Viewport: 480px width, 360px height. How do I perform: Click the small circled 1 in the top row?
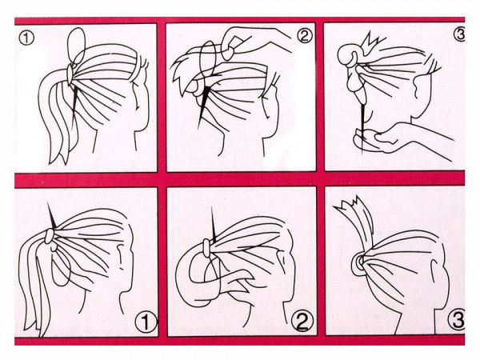26,38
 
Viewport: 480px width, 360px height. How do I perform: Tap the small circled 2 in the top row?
304,37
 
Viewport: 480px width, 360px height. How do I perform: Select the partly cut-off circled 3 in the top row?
460,34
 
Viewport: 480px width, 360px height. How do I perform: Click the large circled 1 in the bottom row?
146,322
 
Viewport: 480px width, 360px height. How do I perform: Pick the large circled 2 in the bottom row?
302,319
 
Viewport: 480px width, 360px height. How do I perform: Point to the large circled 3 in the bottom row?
458,320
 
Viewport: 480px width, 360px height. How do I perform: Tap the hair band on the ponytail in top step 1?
70,74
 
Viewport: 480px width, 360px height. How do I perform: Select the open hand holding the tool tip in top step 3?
398,139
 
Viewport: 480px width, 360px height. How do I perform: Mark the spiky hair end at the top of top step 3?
373,44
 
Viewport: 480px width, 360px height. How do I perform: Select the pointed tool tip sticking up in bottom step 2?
213,224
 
